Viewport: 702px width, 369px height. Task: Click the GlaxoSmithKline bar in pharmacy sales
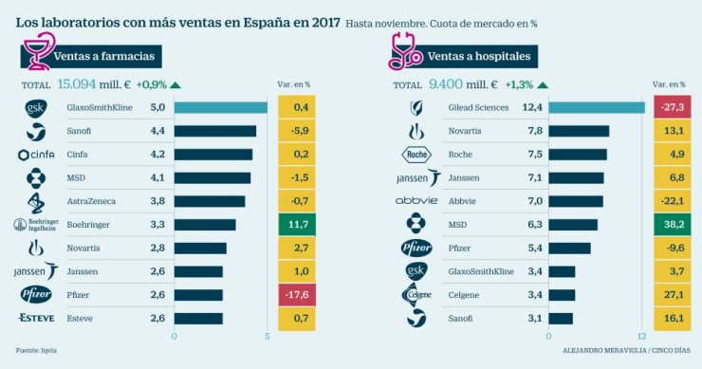tap(220, 108)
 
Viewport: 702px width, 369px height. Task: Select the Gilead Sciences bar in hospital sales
tap(596, 108)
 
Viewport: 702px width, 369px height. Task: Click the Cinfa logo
tap(36, 155)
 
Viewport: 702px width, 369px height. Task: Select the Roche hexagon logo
tap(417, 155)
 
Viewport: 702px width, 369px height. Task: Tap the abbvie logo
tap(417, 201)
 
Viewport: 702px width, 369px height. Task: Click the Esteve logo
tap(36, 318)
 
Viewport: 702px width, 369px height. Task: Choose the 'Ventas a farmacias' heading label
tap(103, 57)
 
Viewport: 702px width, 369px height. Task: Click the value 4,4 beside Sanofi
tap(157, 131)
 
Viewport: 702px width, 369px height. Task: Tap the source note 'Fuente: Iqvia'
tap(36, 350)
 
